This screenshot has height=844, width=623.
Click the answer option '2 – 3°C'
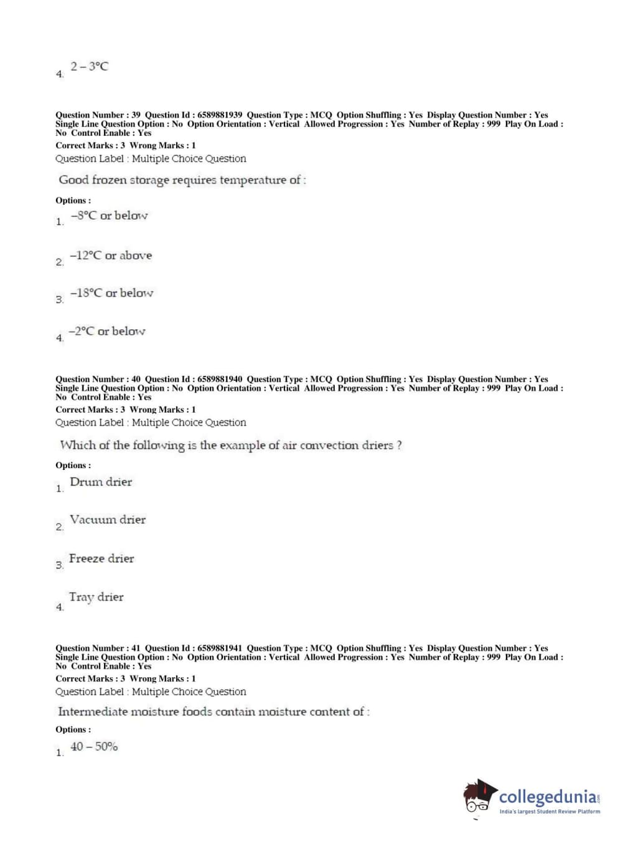click(89, 67)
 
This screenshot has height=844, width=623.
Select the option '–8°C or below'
click(109, 216)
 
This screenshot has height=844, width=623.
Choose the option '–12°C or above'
click(111, 256)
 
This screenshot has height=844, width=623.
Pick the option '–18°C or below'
click(111, 293)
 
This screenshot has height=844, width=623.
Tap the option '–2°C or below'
click(107, 332)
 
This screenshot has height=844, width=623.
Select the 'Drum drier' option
click(101, 482)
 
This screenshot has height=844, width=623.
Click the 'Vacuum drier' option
click(108, 520)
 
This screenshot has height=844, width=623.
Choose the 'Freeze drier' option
click(101, 559)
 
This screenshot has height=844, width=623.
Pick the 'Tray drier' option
click(96, 598)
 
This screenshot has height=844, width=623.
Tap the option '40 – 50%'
click(94, 747)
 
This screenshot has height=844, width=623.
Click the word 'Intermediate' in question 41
click(92, 712)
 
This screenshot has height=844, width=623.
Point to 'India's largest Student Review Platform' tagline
click(550, 812)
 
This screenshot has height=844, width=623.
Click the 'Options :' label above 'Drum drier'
click(73, 466)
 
